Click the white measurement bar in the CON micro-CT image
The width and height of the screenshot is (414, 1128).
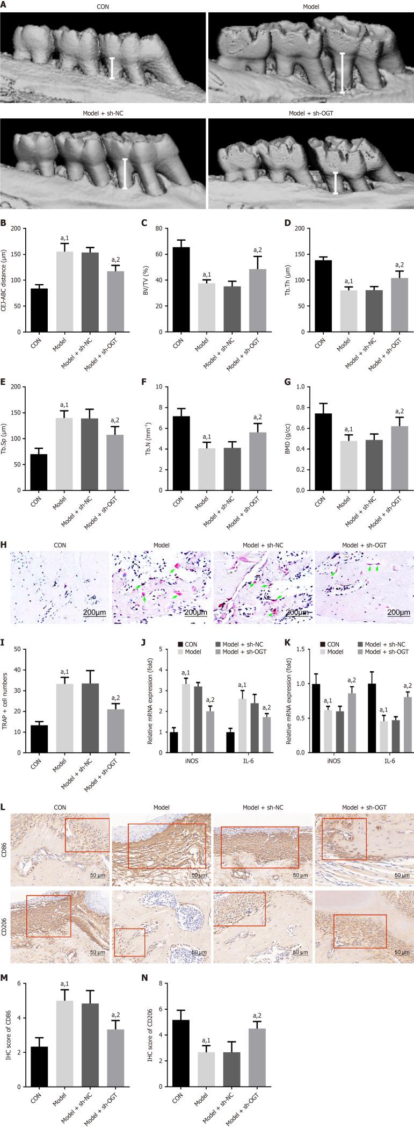point(112,68)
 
